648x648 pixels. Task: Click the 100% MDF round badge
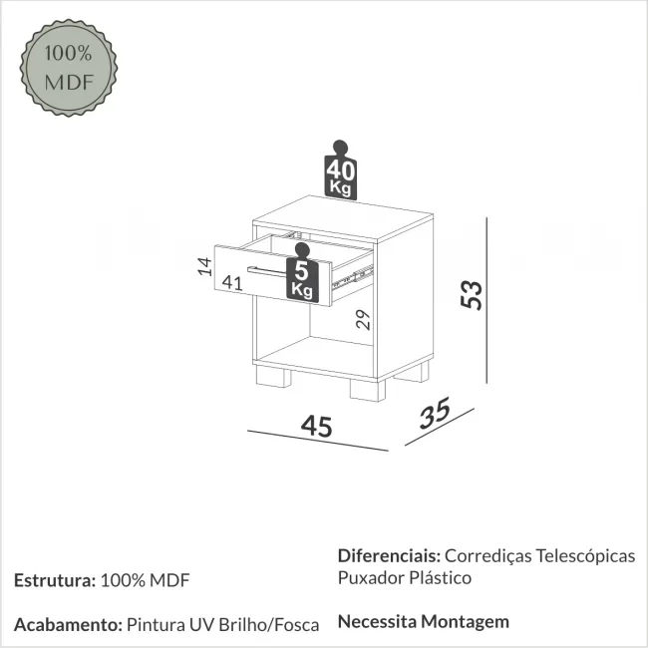tap(69, 68)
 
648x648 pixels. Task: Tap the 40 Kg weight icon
tap(340, 170)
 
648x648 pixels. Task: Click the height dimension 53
tap(472, 295)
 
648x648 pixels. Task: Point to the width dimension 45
tap(317, 426)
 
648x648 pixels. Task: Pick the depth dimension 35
tap(435, 413)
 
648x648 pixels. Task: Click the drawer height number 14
tap(204, 266)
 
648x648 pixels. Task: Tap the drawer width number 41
tap(232, 283)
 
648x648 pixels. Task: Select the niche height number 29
tap(363, 319)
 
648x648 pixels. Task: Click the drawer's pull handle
tap(267, 271)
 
